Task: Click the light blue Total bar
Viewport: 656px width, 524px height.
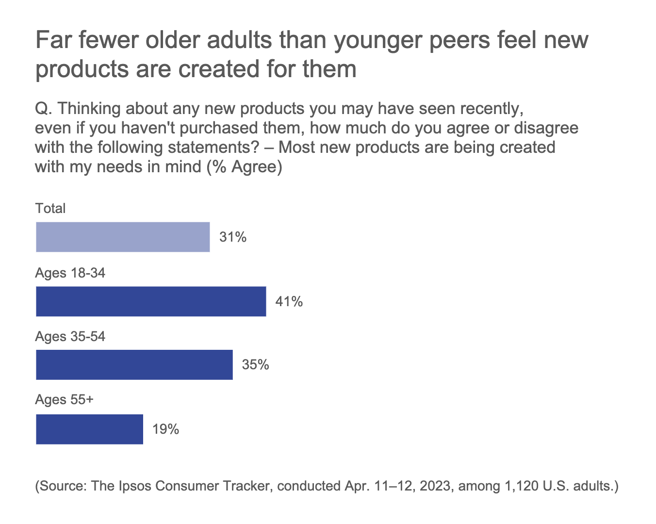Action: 123,237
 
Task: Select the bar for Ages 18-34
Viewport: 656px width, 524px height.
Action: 151,301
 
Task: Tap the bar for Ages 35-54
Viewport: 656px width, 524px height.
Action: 134,365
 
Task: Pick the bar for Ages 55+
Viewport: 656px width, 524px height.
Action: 89,429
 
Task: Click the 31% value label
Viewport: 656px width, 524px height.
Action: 233,237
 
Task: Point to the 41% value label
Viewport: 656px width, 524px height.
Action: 289,302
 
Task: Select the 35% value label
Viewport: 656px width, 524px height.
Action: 255,365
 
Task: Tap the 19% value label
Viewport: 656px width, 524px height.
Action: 165,429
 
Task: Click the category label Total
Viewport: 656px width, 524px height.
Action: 50,209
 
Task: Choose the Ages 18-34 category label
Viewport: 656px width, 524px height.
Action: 70,273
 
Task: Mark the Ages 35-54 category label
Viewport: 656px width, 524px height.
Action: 70,337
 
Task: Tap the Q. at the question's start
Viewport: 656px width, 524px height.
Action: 44,108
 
